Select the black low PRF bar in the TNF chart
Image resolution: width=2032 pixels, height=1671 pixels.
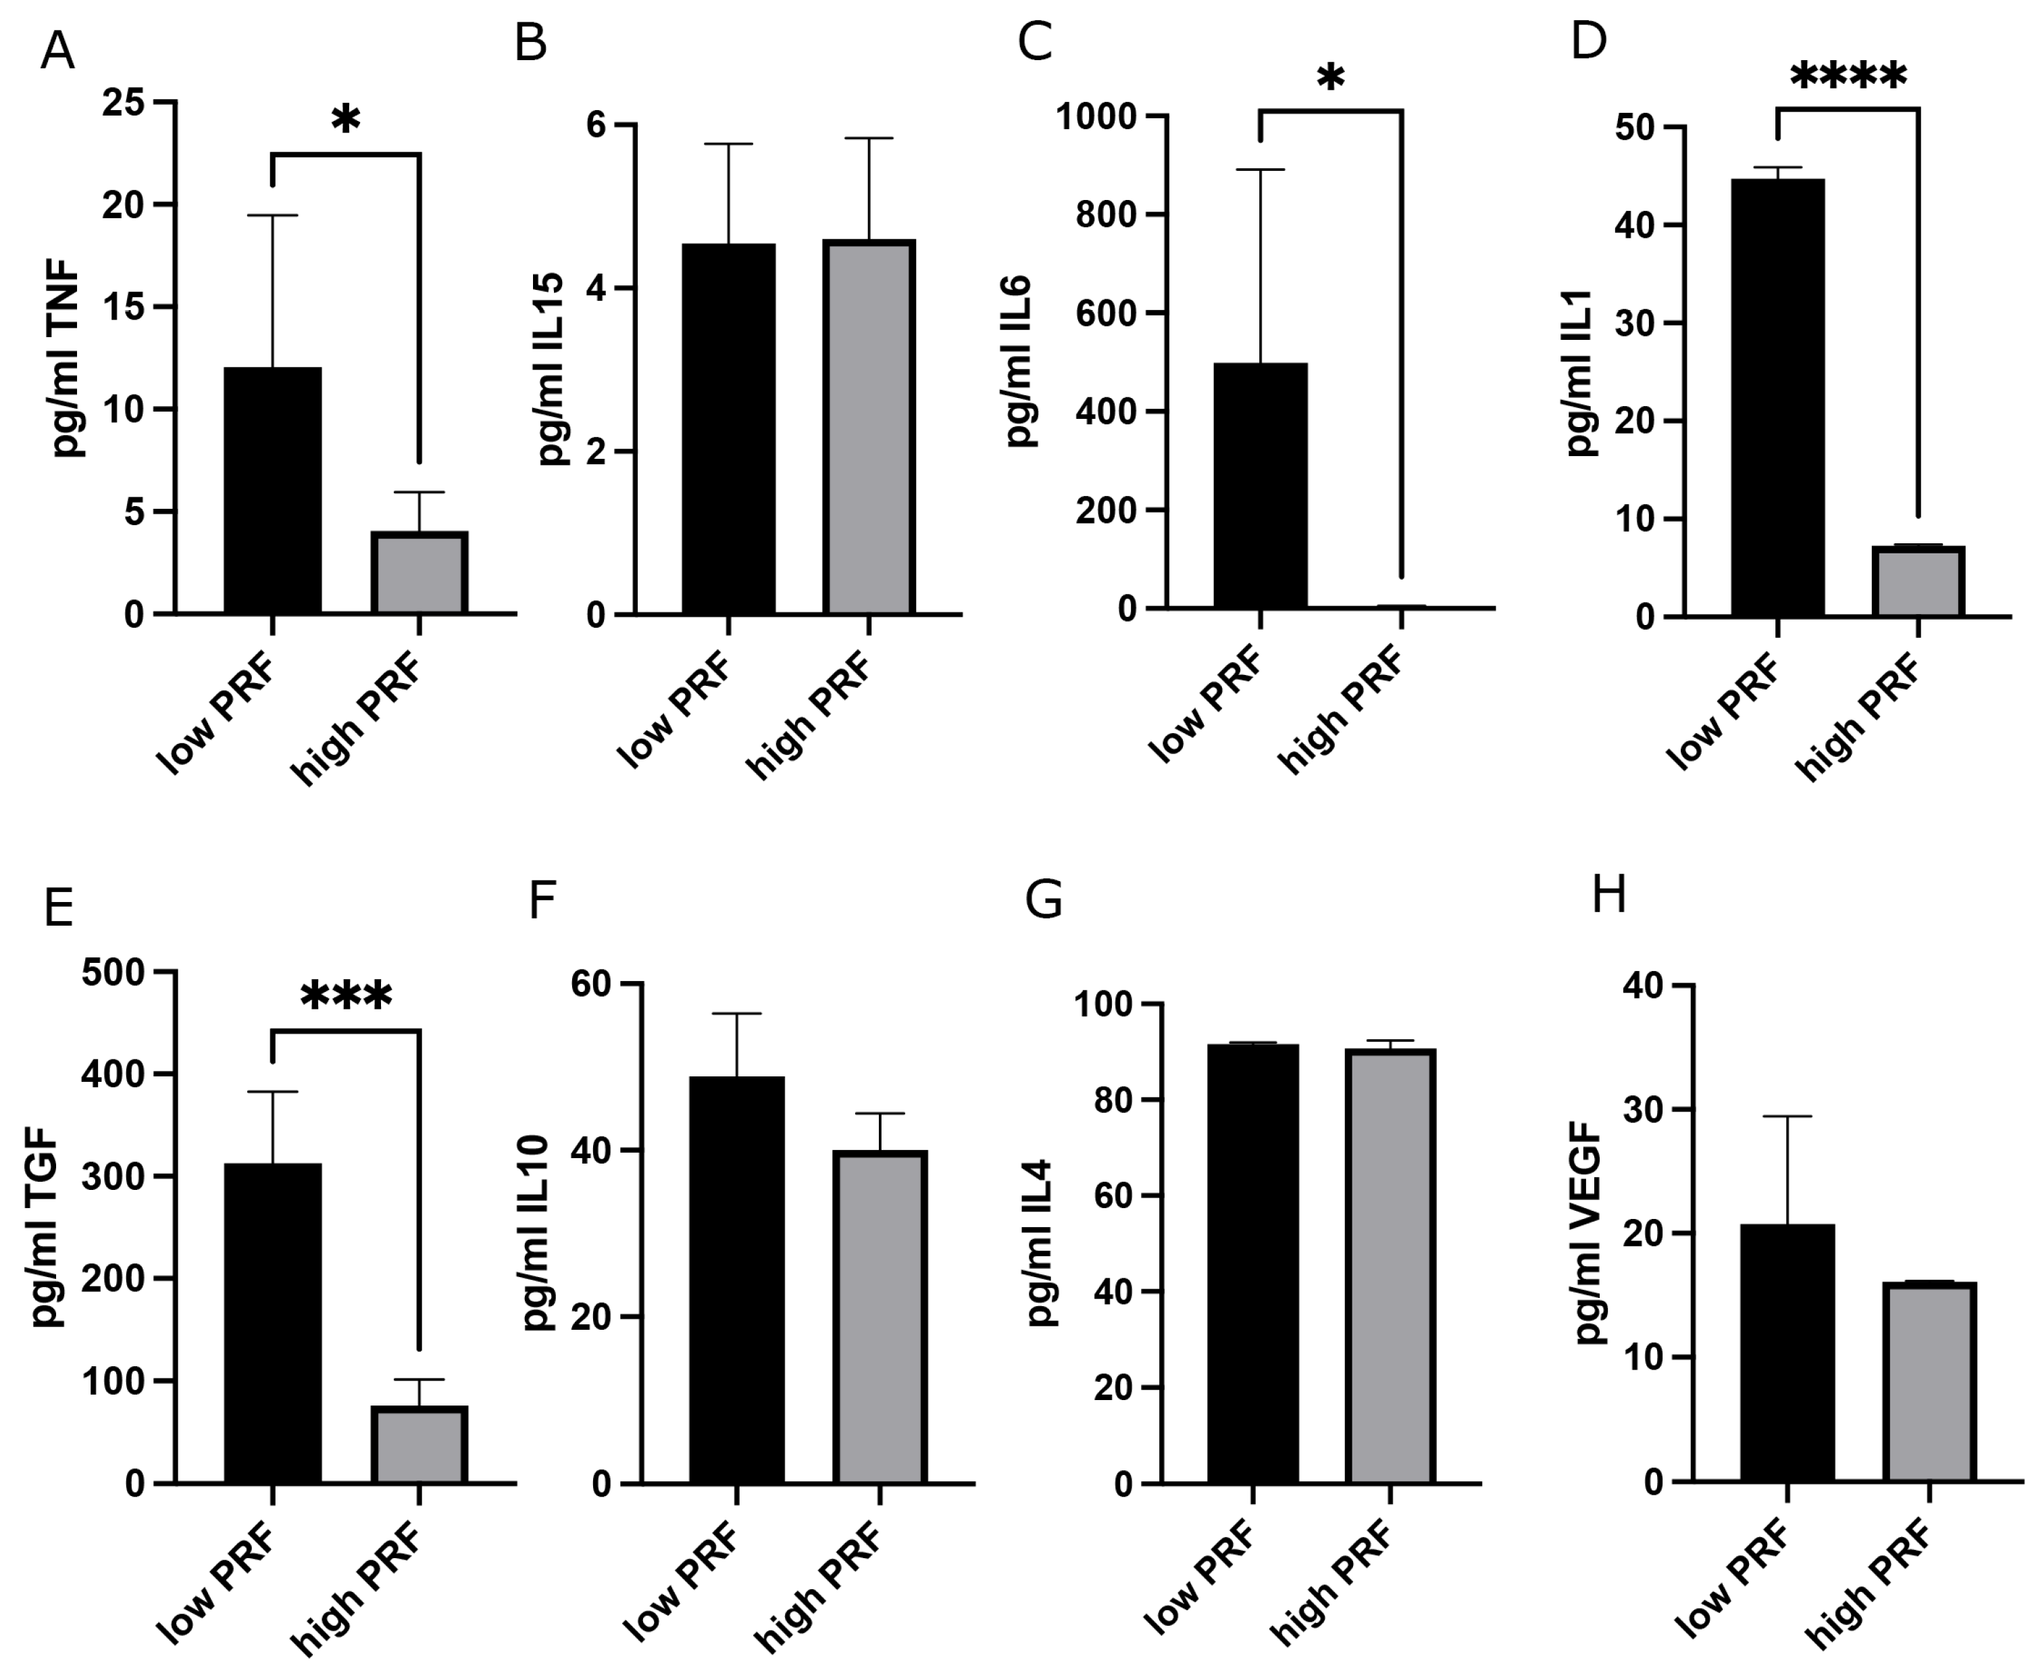point(273,491)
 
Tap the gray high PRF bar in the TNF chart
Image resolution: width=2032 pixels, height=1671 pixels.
point(420,573)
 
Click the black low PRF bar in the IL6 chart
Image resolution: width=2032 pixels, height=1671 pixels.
point(1261,486)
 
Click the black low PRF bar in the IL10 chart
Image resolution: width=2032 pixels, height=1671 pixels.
point(737,1280)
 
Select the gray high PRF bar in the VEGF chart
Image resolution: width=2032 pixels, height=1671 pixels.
point(1930,1382)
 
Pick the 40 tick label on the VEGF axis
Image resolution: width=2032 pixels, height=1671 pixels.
point(1642,986)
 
